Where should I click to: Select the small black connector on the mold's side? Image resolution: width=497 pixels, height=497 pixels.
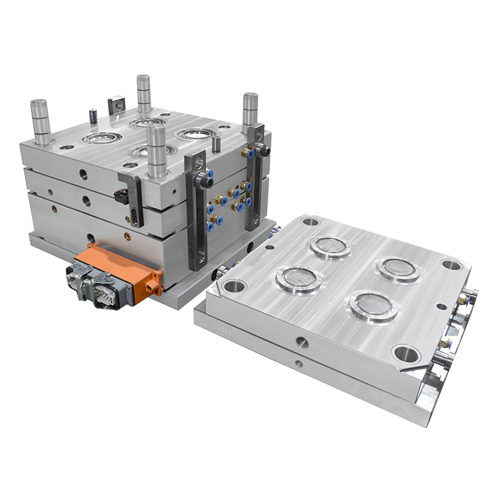click(120, 197)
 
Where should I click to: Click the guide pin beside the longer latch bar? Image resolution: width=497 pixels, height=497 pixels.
click(156, 150)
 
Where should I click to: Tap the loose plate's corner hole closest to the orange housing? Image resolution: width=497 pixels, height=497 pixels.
click(234, 286)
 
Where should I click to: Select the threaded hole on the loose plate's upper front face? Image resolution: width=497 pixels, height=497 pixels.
click(302, 343)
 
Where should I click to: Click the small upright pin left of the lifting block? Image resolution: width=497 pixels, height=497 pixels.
click(93, 115)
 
